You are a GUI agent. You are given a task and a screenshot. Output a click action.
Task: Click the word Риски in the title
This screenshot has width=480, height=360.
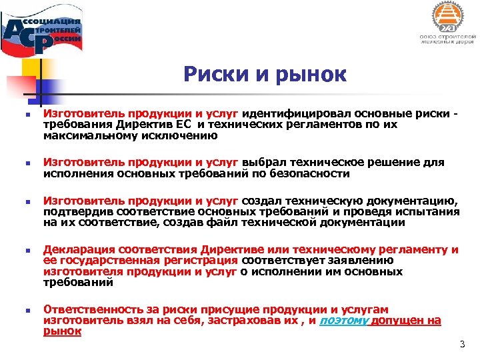[211, 75]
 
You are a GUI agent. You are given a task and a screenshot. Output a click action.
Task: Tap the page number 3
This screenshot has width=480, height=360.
[461, 344]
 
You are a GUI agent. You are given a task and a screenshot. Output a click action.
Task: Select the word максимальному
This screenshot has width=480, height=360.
[86, 135]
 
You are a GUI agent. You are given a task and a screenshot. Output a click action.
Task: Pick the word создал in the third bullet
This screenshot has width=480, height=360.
[262, 201]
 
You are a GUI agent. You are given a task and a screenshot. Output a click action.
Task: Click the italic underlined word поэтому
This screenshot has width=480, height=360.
[343, 321]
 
